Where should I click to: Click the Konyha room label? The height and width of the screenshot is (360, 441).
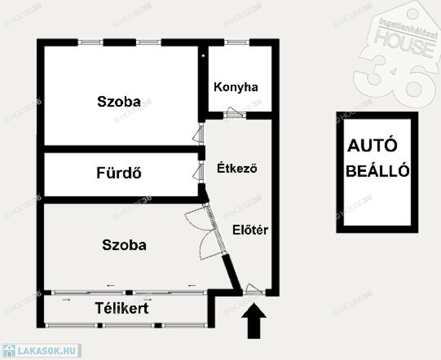tap(236, 87)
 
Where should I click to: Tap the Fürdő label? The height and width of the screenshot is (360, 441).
tap(119, 172)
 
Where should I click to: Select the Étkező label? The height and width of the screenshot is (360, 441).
tap(237, 168)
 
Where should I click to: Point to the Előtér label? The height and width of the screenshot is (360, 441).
tap(250, 230)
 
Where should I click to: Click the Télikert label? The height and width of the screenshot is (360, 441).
tap(121, 308)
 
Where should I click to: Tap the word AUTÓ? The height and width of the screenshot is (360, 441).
tap(373, 145)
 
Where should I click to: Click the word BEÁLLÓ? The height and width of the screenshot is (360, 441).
tap(377, 171)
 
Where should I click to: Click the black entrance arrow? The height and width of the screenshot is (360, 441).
tap(254, 321)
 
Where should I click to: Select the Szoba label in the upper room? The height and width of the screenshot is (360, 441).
tap(119, 101)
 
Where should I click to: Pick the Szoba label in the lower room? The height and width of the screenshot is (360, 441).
tap(124, 245)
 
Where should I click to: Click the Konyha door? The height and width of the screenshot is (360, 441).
tap(235, 113)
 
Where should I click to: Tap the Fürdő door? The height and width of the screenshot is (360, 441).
tap(199, 172)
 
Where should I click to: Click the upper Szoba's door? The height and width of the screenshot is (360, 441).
tap(199, 134)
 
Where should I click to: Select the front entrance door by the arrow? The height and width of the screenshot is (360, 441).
tap(254, 290)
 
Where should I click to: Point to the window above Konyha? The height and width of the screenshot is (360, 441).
tap(237, 43)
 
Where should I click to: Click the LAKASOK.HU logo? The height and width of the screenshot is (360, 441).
tap(42, 351)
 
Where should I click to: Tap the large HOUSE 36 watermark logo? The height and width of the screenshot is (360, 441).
tap(397, 53)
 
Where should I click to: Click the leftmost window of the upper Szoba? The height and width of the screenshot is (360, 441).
tap(90, 43)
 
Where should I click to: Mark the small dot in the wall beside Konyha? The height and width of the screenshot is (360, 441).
tap(203, 56)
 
